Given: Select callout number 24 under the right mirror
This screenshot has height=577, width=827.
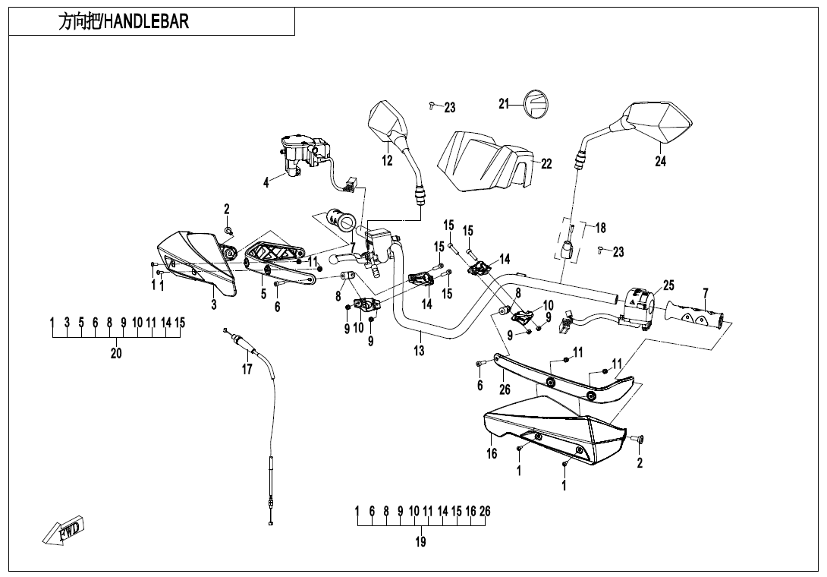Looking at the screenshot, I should [661, 161].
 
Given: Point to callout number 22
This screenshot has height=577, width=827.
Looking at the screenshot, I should [546, 164].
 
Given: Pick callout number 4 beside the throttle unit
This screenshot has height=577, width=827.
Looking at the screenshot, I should [266, 183].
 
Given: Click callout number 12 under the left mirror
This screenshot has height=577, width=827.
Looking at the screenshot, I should [387, 160].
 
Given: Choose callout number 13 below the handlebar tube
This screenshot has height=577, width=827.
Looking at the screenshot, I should [420, 351].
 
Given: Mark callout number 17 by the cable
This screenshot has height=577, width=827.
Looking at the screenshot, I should [247, 370].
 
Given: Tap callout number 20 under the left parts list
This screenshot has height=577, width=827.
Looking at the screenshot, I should [116, 353].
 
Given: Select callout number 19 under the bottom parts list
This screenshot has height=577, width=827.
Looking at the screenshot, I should [421, 542].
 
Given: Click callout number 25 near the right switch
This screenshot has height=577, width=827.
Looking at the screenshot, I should [668, 285].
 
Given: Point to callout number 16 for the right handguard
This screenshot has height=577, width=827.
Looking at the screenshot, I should [492, 454].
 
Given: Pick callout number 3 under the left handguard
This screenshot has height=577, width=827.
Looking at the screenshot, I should [215, 304].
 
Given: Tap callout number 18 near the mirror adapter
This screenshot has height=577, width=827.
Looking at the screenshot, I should [600, 228].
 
